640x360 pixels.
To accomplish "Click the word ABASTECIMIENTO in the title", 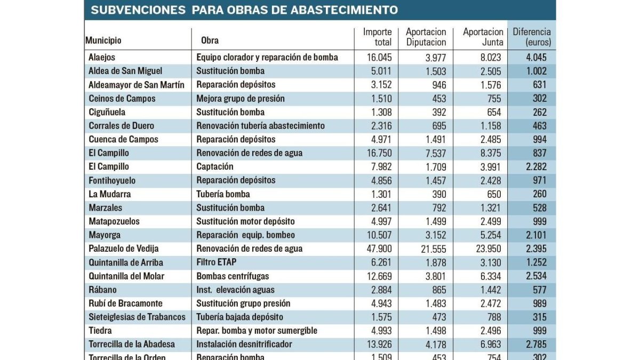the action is tap(345, 10).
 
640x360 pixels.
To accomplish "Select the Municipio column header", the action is tap(103, 41).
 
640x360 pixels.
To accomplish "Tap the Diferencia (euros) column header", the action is tap(532, 37).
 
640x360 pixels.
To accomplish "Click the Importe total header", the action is tap(377, 37).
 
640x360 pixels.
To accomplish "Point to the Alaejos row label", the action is tap(102, 58).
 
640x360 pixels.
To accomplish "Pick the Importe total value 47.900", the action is tap(379, 249).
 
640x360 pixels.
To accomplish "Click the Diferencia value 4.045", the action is tap(537, 58).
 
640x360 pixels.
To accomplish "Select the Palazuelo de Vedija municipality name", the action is tap(123, 249).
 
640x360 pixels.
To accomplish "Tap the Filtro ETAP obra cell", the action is tap(217, 262).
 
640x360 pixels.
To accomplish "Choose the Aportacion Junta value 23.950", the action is tap(489, 249).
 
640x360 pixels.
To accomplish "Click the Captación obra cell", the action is tap(215, 166).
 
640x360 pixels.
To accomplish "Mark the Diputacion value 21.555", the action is tap(434, 249).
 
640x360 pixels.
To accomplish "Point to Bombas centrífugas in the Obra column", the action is tap(233, 276).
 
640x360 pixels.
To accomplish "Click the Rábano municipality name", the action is tap(102, 290).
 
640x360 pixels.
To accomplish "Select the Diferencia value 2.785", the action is tap(537, 345).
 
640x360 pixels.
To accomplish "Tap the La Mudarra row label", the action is tap(110, 194).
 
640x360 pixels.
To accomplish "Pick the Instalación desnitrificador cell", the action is tap(244, 345).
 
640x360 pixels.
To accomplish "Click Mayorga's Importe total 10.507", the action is tap(379, 235).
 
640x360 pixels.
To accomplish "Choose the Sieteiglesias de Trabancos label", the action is tap(137, 317).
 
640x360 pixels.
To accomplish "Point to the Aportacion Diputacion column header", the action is tap(426, 37).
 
